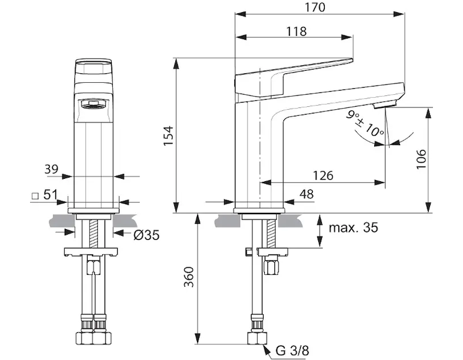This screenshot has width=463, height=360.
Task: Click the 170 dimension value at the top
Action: tap(315, 7)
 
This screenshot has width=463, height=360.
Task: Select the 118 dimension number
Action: tap(297, 31)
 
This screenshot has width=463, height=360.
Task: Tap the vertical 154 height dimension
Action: tap(169, 136)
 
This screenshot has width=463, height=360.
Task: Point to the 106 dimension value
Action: tap(421, 159)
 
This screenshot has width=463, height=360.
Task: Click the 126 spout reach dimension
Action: tap(323, 176)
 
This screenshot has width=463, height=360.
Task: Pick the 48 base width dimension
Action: tap(306, 194)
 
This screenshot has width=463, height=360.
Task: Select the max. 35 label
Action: tap(354, 227)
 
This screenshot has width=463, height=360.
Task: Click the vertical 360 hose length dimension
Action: tap(189, 277)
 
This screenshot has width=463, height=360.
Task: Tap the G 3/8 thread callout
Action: tap(292, 351)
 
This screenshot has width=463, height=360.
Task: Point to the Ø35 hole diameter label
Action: tap(147, 235)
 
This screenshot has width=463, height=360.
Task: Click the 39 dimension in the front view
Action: tap(52, 169)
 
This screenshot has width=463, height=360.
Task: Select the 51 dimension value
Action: tap(50, 195)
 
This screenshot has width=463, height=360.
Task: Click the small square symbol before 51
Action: tap(35, 196)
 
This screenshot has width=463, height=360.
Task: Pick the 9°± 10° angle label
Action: tap(365, 124)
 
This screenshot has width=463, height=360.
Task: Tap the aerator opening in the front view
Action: tap(93, 104)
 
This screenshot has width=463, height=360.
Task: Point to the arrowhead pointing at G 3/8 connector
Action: tap(266, 350)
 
